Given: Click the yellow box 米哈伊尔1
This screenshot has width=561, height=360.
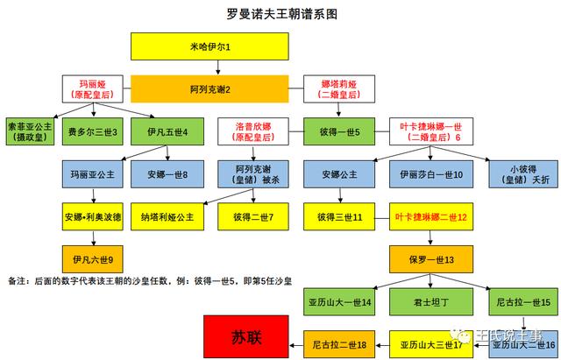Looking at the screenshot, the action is tap(209, 46).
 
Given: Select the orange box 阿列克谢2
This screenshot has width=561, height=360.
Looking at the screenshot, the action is tap(209, 89).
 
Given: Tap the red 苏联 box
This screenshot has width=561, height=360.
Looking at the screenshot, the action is tap(246, 336).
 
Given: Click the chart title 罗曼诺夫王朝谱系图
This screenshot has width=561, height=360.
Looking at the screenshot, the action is tap(282, 14).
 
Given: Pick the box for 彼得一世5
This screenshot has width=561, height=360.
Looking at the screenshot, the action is tap(339, 131).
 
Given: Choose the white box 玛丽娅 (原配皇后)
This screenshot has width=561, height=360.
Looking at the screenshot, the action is tap(93, 89).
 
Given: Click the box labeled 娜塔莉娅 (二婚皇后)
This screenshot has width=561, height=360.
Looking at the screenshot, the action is tap(339, 89).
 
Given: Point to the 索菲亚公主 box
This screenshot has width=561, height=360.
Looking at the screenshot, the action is tap(30, 131).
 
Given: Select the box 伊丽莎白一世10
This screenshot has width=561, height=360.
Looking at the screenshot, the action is tap(431, 174).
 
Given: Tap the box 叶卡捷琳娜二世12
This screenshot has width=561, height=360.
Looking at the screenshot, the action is tap(431, 216).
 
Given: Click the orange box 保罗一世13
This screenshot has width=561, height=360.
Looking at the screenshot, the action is tap(431, 259).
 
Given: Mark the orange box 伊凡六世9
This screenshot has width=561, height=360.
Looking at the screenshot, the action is tap(93, 259).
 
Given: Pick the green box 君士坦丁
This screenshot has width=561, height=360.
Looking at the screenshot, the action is tap(431, 302).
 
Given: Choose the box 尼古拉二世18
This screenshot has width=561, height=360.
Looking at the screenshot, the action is tap(339, 344).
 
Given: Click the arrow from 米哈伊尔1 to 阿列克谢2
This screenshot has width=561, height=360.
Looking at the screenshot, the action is tap(218, 67).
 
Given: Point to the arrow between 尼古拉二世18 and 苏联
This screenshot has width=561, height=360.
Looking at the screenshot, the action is tap(296, 345).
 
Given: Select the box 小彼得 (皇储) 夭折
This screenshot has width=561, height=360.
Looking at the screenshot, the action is tap(523, 174).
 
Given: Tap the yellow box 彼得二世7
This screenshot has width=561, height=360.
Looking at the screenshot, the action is tap(253, 216).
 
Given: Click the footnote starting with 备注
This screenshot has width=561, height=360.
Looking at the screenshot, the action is tap(150, 281).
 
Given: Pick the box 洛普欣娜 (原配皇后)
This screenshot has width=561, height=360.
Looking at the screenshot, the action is tap(253, 131).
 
